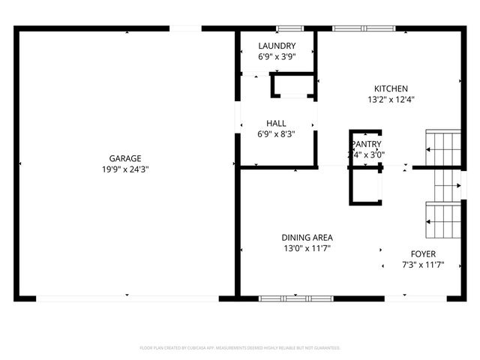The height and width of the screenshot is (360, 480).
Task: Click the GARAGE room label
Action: coord(125,158)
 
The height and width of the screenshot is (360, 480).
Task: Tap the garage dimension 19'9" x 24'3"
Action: coord(125,169)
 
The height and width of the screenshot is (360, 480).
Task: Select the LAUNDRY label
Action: coord(276,46)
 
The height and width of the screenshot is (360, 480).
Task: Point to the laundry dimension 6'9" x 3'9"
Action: coord(276,56)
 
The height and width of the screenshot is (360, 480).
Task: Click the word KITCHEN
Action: coord(391,88)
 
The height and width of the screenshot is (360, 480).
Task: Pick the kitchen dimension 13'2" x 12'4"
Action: coord(391,99)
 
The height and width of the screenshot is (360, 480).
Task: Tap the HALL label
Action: coord(276,123)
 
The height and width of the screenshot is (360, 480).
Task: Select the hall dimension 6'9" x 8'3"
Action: coord(276,134)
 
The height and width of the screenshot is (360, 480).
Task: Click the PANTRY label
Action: coord(366,144)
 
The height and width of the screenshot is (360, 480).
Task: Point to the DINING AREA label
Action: coord(307,237)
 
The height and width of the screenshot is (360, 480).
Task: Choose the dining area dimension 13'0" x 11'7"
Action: coord(307,248)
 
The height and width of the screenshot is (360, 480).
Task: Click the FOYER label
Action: coord(423,253)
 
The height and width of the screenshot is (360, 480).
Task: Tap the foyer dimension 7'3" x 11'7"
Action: coord(423,265)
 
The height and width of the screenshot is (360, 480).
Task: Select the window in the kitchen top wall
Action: coord(364,28)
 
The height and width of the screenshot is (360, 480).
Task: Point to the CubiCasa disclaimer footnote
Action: coord(240,348)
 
